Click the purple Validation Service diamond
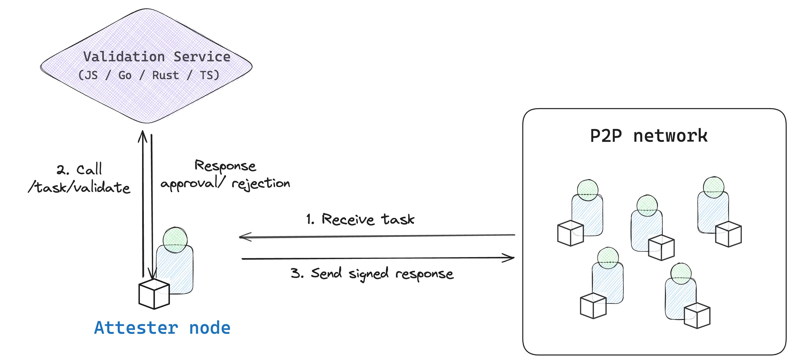point(147,66)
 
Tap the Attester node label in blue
point(162,327)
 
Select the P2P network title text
point(648,135)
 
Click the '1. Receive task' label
point(360,219)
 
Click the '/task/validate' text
point(79,187)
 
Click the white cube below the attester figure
point(154,294)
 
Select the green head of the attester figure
point(175,239)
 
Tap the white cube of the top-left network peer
point(570,233)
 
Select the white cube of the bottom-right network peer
point(697,315)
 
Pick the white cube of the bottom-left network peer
point(593,306)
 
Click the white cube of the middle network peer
point(661,248)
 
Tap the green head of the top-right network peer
point(713,187)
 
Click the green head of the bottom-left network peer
point(608,257)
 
